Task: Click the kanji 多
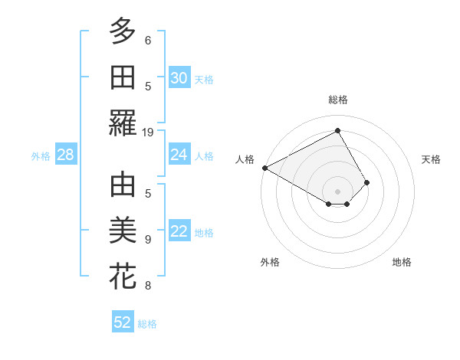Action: pyautogui.click(x=123, y=32)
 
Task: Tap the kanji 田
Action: pyautogui.click(x=123, y=78)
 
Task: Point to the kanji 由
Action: pyautogui.click(x=123, y=185)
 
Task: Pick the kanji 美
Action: pyautogui.click(x=123, y=231)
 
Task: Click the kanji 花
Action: pyautogui.click(x=123, y=277)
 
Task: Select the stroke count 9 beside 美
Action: pyautogui.click(x=148, y=239)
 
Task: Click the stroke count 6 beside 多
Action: pyautogui.click(x=148, y=40)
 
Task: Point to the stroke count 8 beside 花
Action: pyautogui.click(x=148, y=286)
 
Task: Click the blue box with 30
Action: pyautogui.click(x=179, y=78)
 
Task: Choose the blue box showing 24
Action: pyautogui.click(x=179, y=155)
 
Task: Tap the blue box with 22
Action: pyautogui.click(x=179, y=232)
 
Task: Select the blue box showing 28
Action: pyautogui.click(x=65, y=155)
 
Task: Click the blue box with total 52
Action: pyautogui.click(x=123, y=322)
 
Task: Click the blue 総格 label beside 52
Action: pyautogui.click(x=147, y=324)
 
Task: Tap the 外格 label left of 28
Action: pyautogui.click(x=41, y=156)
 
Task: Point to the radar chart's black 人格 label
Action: pyautogui.click(x=245, y=159)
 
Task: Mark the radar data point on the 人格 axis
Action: pyautogui.click(x=264, y=167)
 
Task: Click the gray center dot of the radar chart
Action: pyautogui.click(x=337, y=191)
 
